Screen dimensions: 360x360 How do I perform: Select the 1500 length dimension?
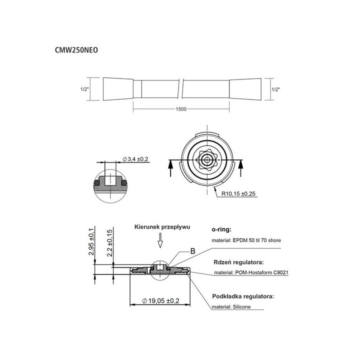click(181, 109)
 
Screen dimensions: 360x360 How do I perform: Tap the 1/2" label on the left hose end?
click(84, 89)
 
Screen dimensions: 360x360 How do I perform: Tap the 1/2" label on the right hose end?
click(275, 89)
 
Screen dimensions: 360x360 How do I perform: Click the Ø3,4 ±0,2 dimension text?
click(135, 158)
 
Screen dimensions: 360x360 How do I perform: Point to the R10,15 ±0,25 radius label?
click(236, 194)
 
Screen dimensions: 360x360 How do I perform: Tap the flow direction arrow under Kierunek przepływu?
click(160, 243)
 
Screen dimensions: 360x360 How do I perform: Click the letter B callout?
click(192, 251)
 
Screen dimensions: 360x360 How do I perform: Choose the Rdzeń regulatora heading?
click(237, 262)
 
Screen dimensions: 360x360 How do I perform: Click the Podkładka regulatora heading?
click(242, 296)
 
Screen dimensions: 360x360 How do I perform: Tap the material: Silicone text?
click(231, 306)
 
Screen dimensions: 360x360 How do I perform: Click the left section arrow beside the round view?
click(171, 167)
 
